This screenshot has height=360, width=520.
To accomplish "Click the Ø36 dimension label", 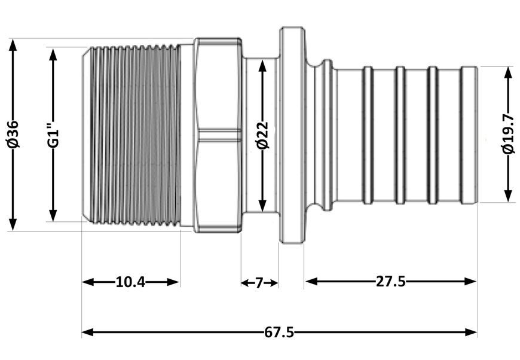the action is [13, 135].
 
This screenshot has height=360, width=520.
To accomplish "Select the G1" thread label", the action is [53, 135].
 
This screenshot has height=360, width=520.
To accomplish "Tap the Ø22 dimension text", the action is [262, 135].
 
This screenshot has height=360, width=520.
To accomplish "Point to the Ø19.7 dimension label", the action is [508, 135].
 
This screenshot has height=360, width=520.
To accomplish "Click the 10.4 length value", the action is [130, 282].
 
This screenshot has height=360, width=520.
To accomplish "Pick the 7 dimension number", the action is [259, 283].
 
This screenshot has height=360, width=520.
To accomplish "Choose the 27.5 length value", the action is [391, 282].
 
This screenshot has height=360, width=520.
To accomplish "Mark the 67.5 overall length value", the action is [279, 332].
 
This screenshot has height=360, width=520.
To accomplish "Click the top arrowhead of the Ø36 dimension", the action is [13, 45].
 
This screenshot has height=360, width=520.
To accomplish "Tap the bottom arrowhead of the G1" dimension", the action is [53, 215].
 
